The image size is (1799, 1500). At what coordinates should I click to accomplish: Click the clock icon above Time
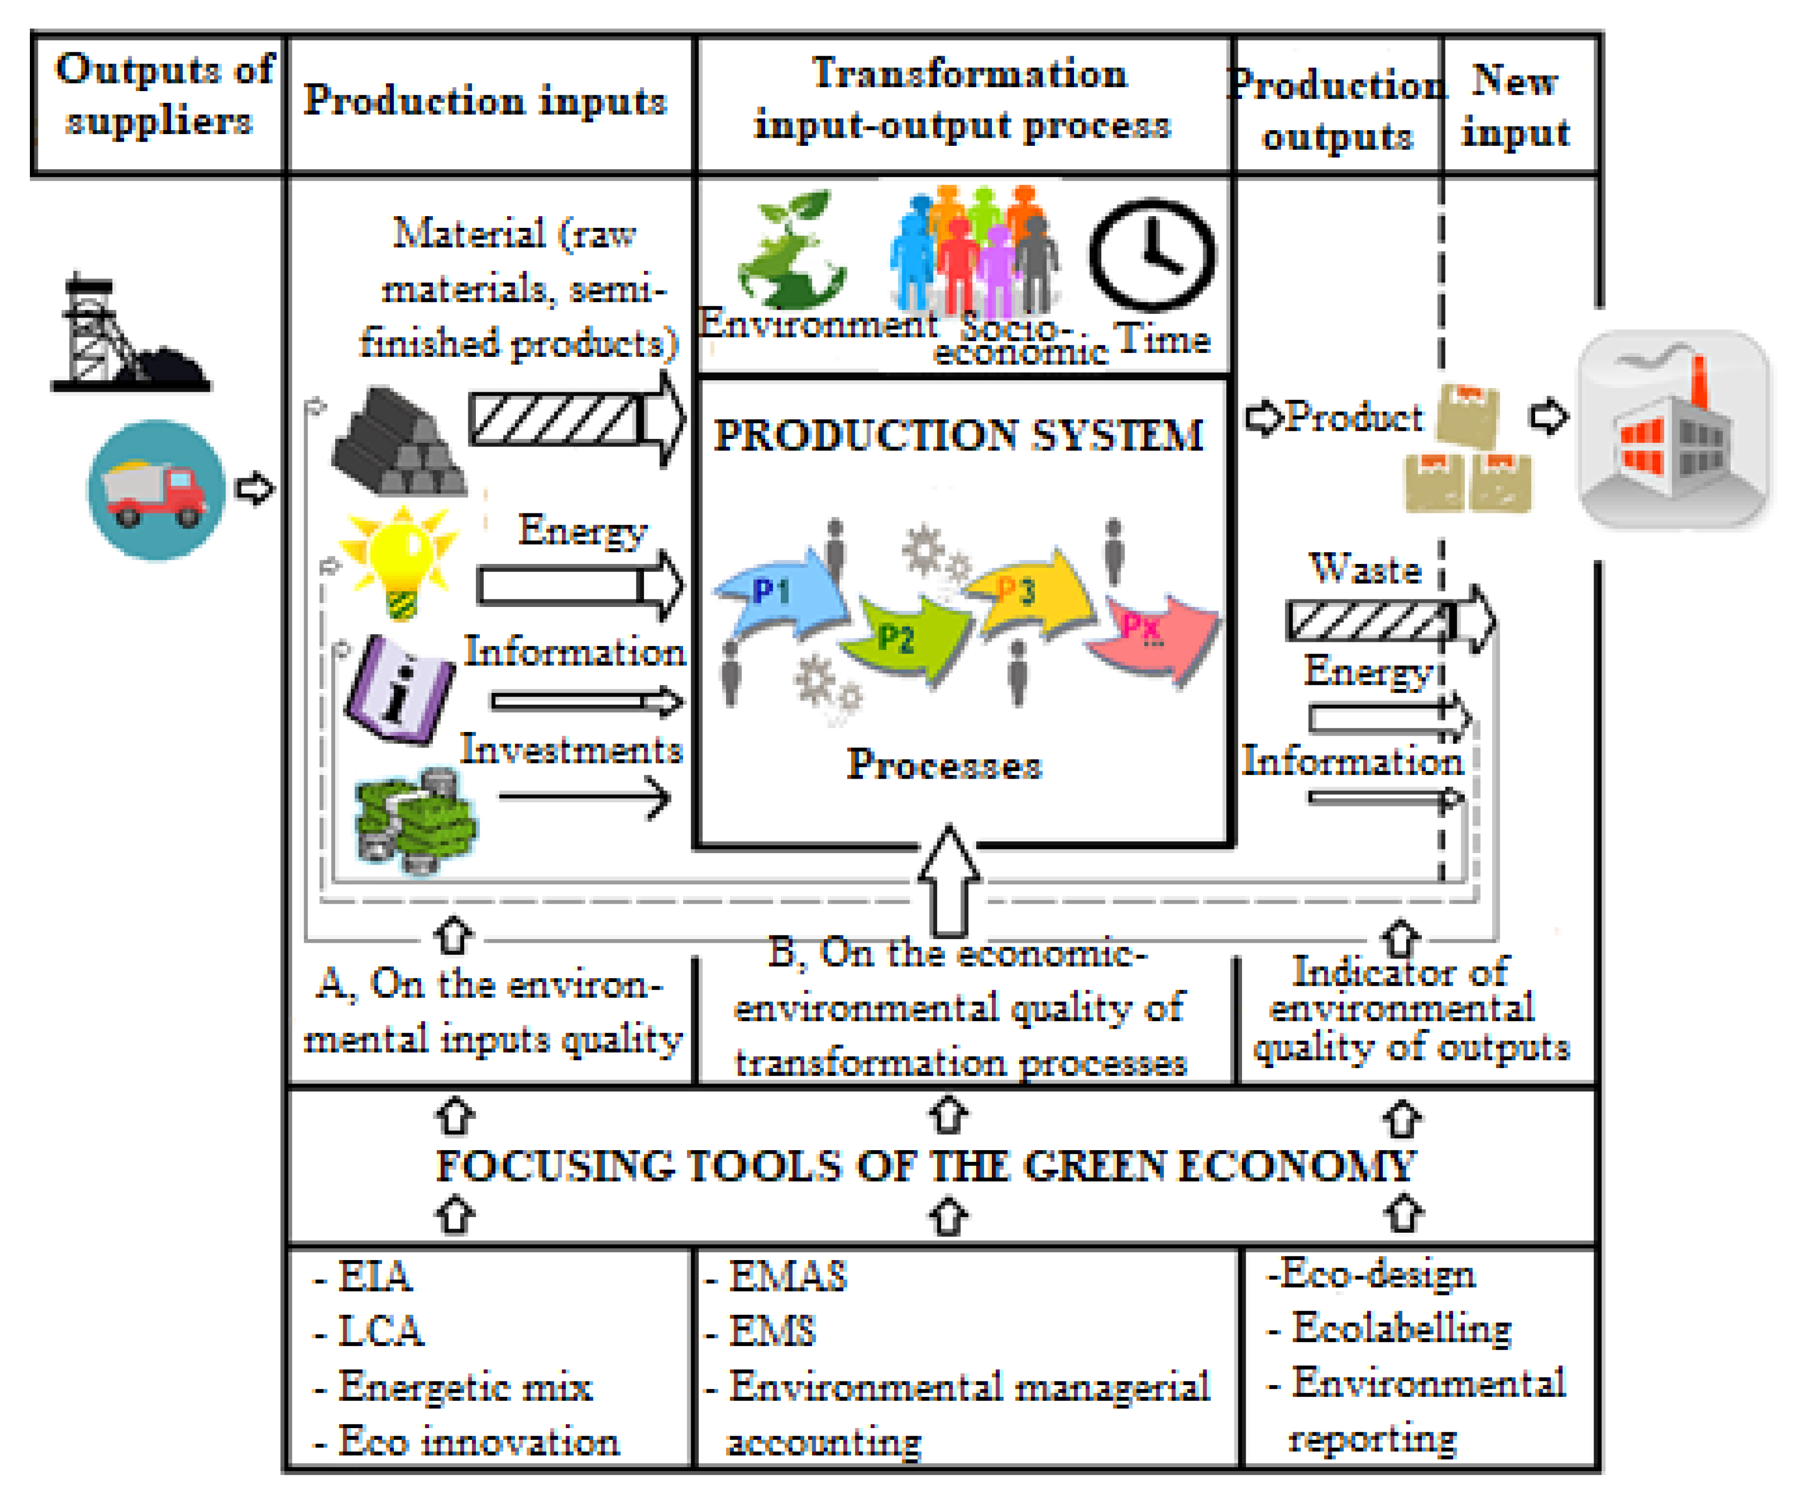1152,255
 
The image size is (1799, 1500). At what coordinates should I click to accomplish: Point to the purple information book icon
398,690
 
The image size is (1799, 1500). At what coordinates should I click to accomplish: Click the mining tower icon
120,334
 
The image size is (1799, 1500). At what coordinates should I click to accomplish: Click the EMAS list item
786,1276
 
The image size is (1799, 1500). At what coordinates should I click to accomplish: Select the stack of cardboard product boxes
1467,450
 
